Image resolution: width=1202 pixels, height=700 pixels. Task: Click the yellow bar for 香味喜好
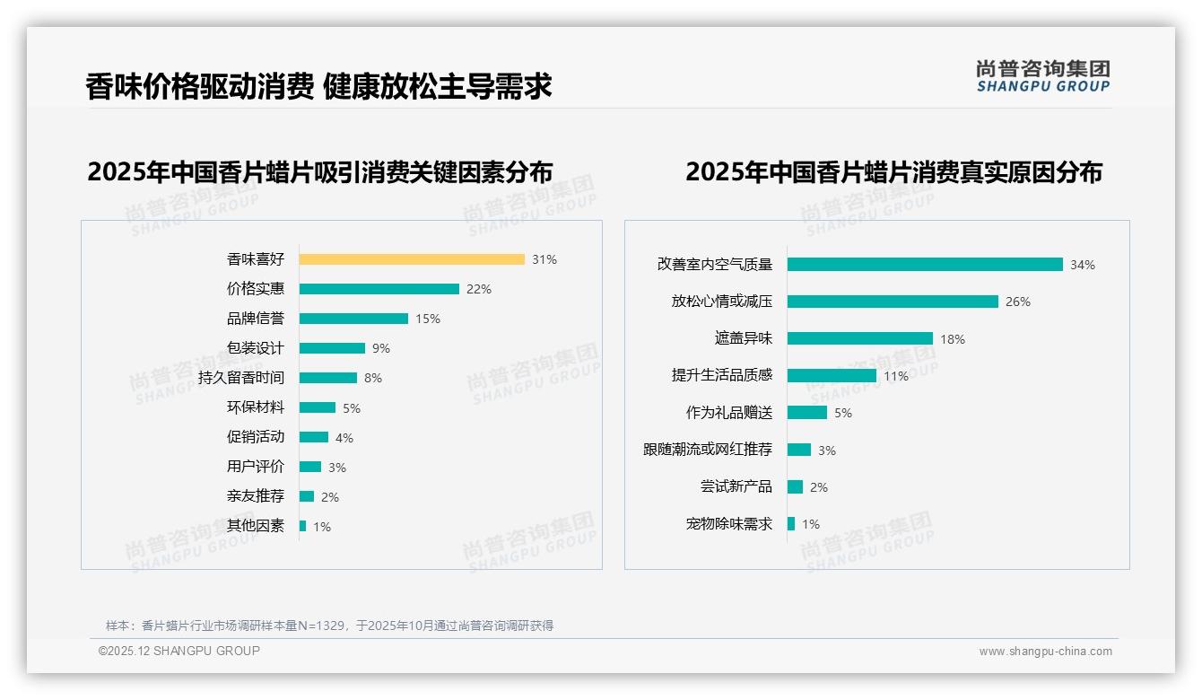click(412, 259)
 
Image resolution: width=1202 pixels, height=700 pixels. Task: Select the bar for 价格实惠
click(379, 289)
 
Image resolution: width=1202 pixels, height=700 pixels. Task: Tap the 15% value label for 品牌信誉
click(428, 319)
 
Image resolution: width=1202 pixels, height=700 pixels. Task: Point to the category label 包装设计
click(256, 348)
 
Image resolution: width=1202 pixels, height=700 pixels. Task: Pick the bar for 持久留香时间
click(327, 378)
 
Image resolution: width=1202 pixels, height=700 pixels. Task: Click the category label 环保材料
click(256, 407)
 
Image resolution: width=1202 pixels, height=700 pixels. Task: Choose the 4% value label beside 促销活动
click(344, 438)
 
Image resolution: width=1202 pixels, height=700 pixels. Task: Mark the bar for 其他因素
click(302, 526)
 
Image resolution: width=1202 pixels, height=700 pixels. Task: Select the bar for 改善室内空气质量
click(925, 265)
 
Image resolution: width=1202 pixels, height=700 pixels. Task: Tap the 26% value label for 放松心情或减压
click(1018, 302)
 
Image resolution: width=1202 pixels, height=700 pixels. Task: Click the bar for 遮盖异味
click(860, 338)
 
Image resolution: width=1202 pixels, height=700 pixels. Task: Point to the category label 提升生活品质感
click(722, 375)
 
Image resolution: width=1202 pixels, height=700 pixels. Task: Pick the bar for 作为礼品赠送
click(807, 413)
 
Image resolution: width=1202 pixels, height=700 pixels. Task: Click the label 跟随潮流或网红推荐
click(708, 450)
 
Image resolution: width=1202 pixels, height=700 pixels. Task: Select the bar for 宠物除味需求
click(791, 524)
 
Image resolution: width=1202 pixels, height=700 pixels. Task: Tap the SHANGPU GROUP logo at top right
click(1043, 75)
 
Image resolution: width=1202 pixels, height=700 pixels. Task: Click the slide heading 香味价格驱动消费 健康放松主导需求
click(318, 86)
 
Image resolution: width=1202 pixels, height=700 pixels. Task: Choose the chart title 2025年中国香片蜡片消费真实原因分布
click(893, 171)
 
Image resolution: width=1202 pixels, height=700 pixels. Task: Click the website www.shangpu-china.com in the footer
click(1045, 652)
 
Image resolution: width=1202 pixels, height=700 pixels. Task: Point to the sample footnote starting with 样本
click(329, 626)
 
